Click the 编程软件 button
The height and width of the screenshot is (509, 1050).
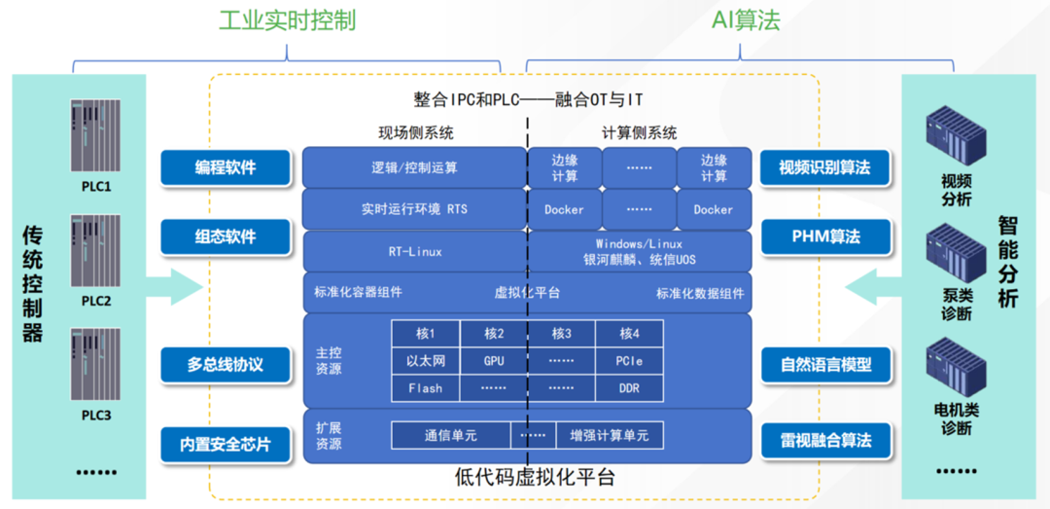tap(226, 167)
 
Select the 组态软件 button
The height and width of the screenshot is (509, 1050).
tap(226, 235)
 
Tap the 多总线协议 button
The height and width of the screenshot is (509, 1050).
tap(226, 365)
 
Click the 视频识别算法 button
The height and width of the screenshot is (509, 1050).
tap(823, 167)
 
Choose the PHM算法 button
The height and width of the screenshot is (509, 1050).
tap(823, 235)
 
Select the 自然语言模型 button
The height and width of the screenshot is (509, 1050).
tap(823, 365)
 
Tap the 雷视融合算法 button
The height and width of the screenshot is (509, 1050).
tap(823, 441)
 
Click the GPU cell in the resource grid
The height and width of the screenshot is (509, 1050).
tap(494, 361)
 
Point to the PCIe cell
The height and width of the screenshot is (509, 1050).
tap(629, 361)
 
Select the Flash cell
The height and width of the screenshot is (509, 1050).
tap(425, 388)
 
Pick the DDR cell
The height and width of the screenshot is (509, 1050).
tap(629, 388)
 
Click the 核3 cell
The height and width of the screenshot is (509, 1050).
tap(562, 334)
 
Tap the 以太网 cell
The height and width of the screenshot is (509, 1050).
tap(425, 361)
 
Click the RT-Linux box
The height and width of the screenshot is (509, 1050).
tap(415, 252)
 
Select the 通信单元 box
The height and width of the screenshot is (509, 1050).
tap(450, 436)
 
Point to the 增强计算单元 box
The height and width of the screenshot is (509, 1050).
tap(609, 436)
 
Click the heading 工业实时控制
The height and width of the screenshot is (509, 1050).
tap(286, 20)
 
